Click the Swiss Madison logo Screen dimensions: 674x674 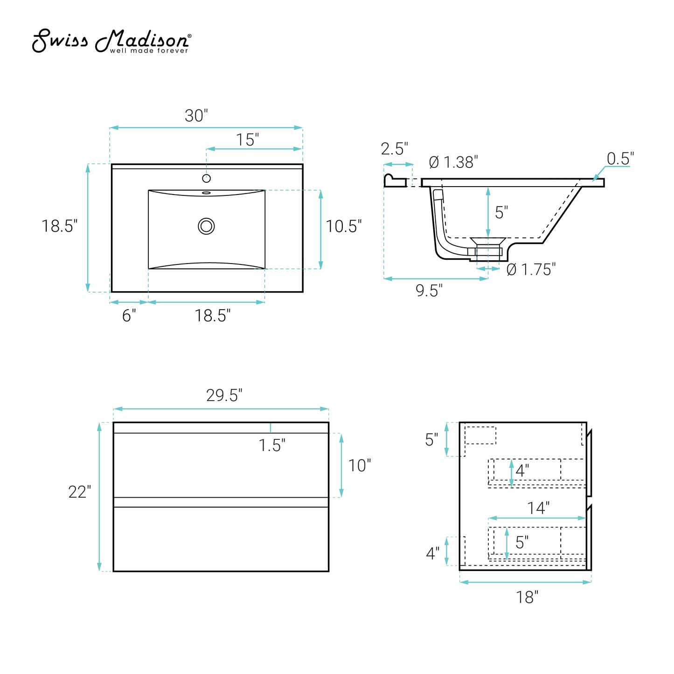point(111,41)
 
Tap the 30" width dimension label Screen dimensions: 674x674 point(196,116)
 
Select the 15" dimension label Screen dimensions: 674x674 point(247,139)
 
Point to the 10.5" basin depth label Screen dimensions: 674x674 point(343,226)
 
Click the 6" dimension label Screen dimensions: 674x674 point(129,315)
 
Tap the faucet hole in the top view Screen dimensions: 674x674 point(206,178)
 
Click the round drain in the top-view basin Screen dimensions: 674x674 point(206,226)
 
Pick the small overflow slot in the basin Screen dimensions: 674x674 point(206,192)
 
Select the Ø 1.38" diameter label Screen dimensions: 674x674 point(453,162)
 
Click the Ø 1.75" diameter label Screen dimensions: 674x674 point(531,270)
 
